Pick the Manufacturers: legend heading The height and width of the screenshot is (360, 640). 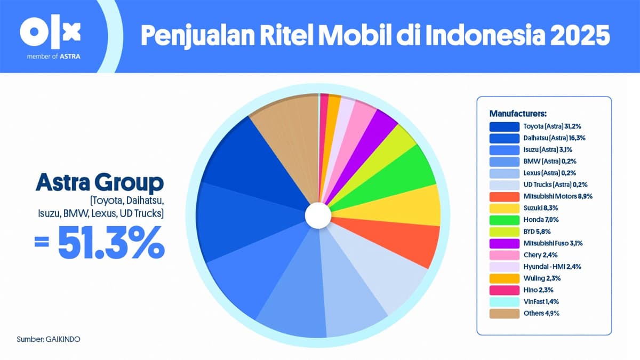[x=518, y=114]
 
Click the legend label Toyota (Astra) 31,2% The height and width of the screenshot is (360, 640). [x=553, y=127]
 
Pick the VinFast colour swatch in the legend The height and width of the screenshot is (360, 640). [x=504, y=301]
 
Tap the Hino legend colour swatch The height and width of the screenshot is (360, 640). [x=504, y=290]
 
